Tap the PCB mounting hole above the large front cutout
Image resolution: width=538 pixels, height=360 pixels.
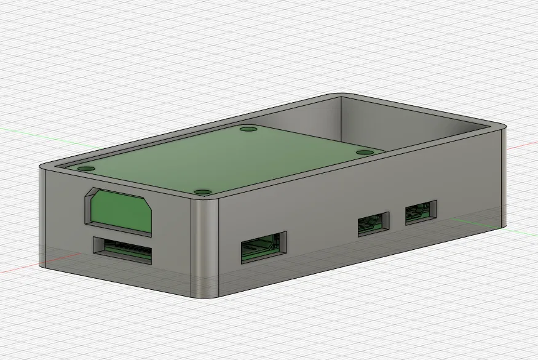click(85, 168)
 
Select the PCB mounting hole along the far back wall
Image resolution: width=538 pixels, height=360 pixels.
click(248, 130)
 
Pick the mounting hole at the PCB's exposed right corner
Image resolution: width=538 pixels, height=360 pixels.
click(365, 152)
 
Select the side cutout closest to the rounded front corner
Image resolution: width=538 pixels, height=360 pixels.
click(263, 247)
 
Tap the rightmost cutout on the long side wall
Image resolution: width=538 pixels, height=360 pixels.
click(421, 212)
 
